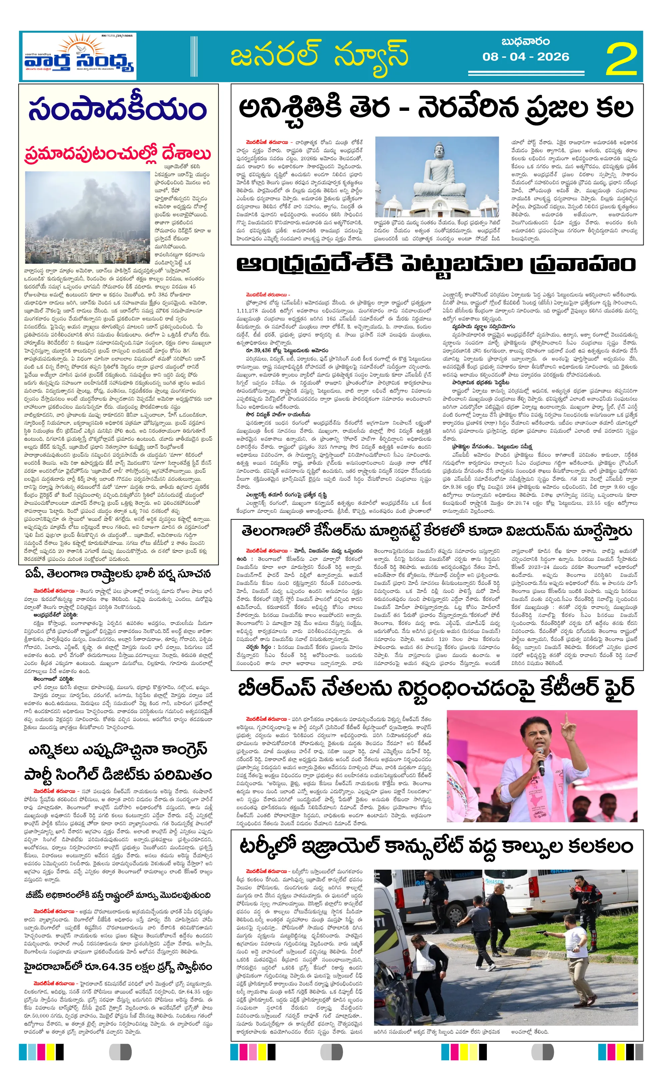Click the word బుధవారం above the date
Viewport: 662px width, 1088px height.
pos(525,41)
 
